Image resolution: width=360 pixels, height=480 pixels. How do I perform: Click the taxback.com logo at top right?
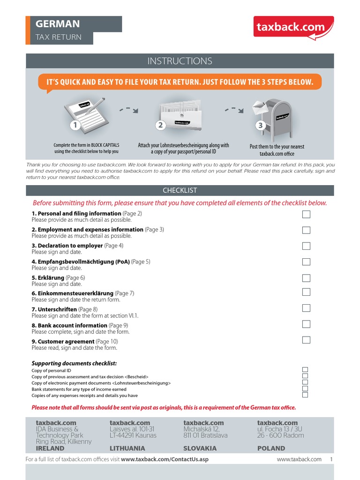pyautogui.click(x=293, y=27)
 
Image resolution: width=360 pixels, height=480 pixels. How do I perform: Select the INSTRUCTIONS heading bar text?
pyautogui.click(x=180, y=61)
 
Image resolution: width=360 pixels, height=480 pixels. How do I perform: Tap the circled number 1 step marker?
pyautogui.click(x=74, y=125)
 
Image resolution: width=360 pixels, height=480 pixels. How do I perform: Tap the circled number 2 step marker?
pyautogui.click(x=160, y=125)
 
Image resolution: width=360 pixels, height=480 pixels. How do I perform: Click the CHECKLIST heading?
pyautogui.click(x=180, y=190)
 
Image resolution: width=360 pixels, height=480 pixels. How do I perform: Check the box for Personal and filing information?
pyautogui.click(x=306, y=214)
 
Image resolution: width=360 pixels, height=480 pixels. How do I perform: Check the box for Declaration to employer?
pyautogui.click(x=306, y=246)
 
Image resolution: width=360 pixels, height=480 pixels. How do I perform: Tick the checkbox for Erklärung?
pyautogui.click(x=306, y=278)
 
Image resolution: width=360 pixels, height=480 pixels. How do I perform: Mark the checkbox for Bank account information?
pyautogui.click(x=306, y=324)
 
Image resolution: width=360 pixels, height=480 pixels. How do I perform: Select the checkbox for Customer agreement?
pyautogui.click(x=306, y=340)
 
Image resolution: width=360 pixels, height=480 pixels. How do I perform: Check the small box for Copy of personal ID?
pyautogui.click(x=305, y=370)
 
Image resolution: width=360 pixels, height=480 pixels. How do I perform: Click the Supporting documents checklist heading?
pyautogui.click(x=74, y=363)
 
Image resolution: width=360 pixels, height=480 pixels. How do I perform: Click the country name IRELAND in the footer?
pyautogui.click(x=50, y=448)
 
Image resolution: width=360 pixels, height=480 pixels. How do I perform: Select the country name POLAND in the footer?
pyautogui.click(x=271, y=448)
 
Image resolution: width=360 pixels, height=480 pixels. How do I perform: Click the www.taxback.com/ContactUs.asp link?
pyautogui.click(x=165, y=459)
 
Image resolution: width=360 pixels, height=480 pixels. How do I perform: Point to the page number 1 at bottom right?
pyautogui.click(x=331, y=459)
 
